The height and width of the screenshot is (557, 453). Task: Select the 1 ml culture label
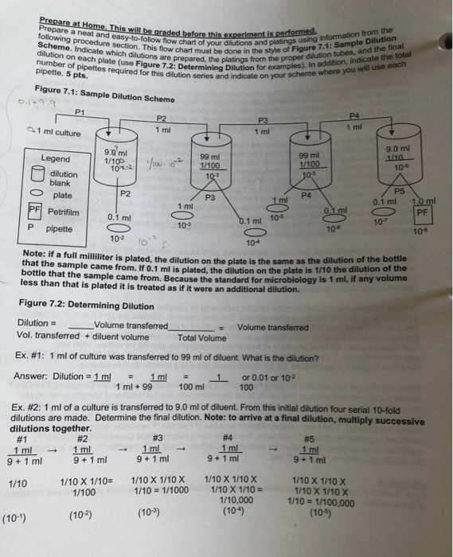pos(55,131)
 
